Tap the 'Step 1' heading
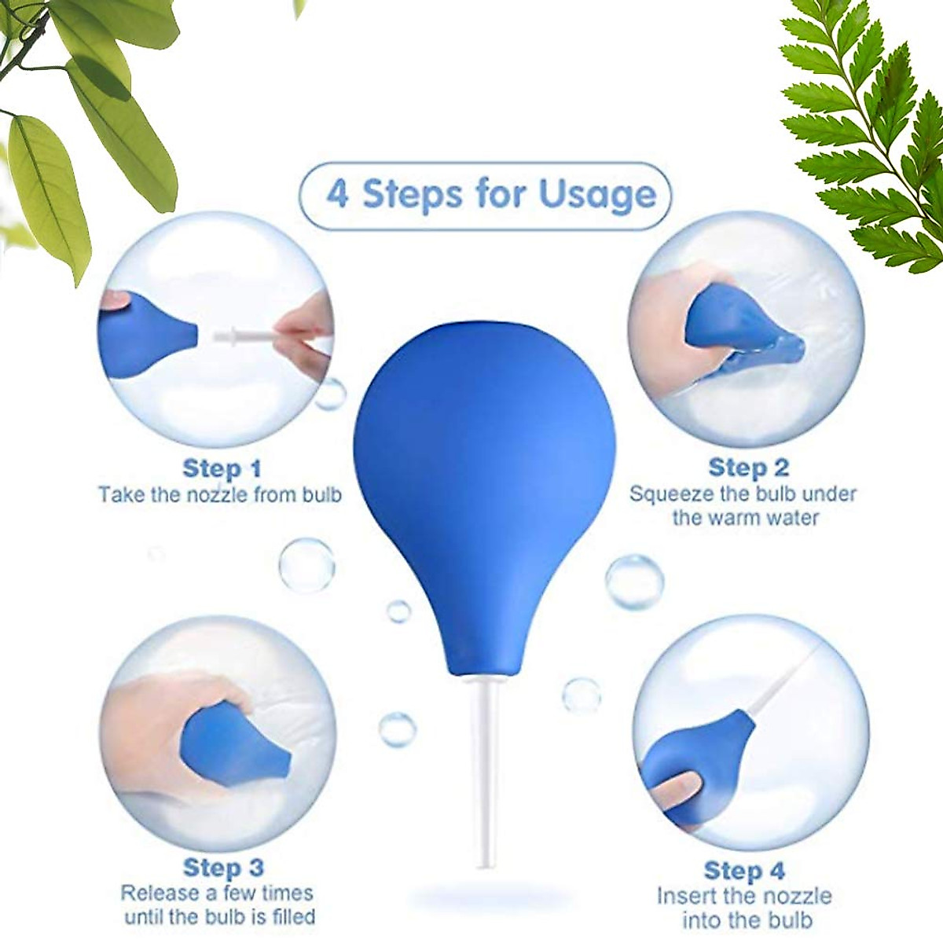[x=221, y=469]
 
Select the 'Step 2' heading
[x=747, y=468]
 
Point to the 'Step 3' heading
[x=222, y=868]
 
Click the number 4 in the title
[x=337, y=194]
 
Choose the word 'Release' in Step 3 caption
[x=157, y=893]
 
